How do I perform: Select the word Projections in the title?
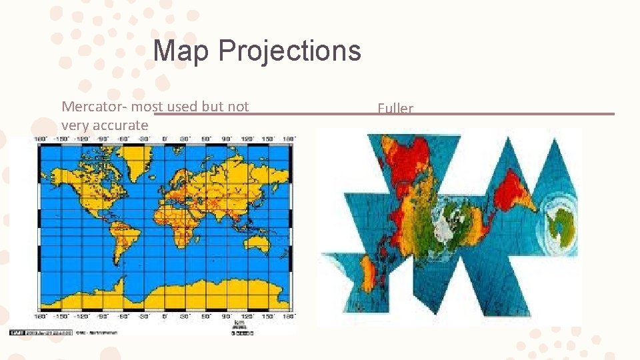pyautogui.click(x=289, y=51)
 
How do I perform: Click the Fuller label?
pyautogui.click(x=395, y=109)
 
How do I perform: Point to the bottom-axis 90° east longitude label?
pyautogui.click(x=226, y=315)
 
